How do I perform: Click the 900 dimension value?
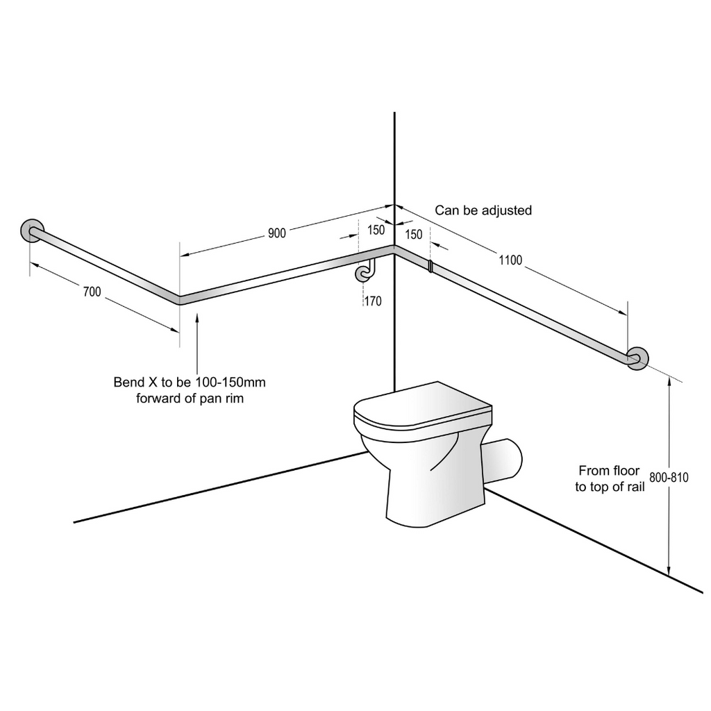coord(277,233)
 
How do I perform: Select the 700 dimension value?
coord(92,292)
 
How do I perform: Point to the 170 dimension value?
coord(372,301)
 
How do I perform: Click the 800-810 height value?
coord(669,478)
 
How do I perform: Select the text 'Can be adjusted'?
coord(483,210)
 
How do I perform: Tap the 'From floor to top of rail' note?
coord(610,479)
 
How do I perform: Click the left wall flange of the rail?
coord(32,231)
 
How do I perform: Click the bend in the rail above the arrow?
coord(180,300)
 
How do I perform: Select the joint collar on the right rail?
coord(430,265)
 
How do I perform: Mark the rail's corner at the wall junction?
coord(394,247)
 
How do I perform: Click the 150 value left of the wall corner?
coord(376,231)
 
